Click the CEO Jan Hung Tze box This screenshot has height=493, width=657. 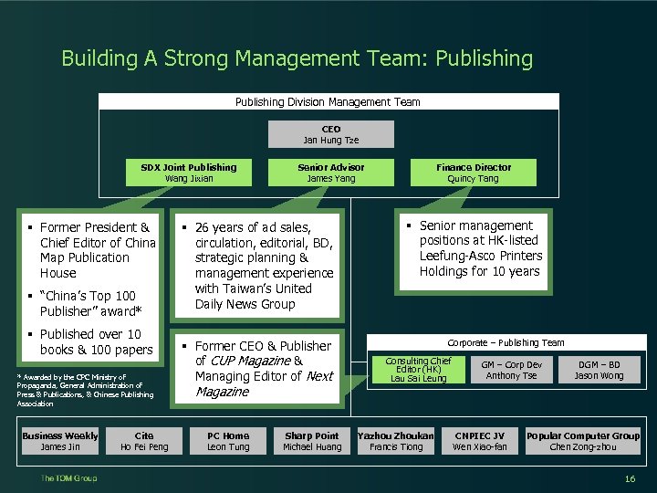330,134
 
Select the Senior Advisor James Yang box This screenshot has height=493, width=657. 330,173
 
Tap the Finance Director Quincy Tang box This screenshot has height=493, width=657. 473,173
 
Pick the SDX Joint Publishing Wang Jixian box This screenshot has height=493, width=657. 189,173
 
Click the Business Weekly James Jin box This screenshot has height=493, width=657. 60,441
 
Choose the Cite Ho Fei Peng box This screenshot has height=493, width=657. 144,441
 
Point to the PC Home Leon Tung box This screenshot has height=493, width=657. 228,441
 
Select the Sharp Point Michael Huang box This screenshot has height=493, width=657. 311,441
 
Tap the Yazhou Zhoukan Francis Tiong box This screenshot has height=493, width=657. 396,441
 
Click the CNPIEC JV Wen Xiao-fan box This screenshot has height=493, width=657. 479,441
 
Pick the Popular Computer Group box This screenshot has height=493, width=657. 583,441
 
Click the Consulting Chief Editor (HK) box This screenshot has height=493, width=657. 418,370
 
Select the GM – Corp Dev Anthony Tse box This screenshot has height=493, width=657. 511,370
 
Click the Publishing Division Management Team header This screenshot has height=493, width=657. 328,102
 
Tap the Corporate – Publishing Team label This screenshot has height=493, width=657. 506,342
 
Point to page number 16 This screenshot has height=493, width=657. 630,479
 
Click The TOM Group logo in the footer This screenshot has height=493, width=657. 68,478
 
